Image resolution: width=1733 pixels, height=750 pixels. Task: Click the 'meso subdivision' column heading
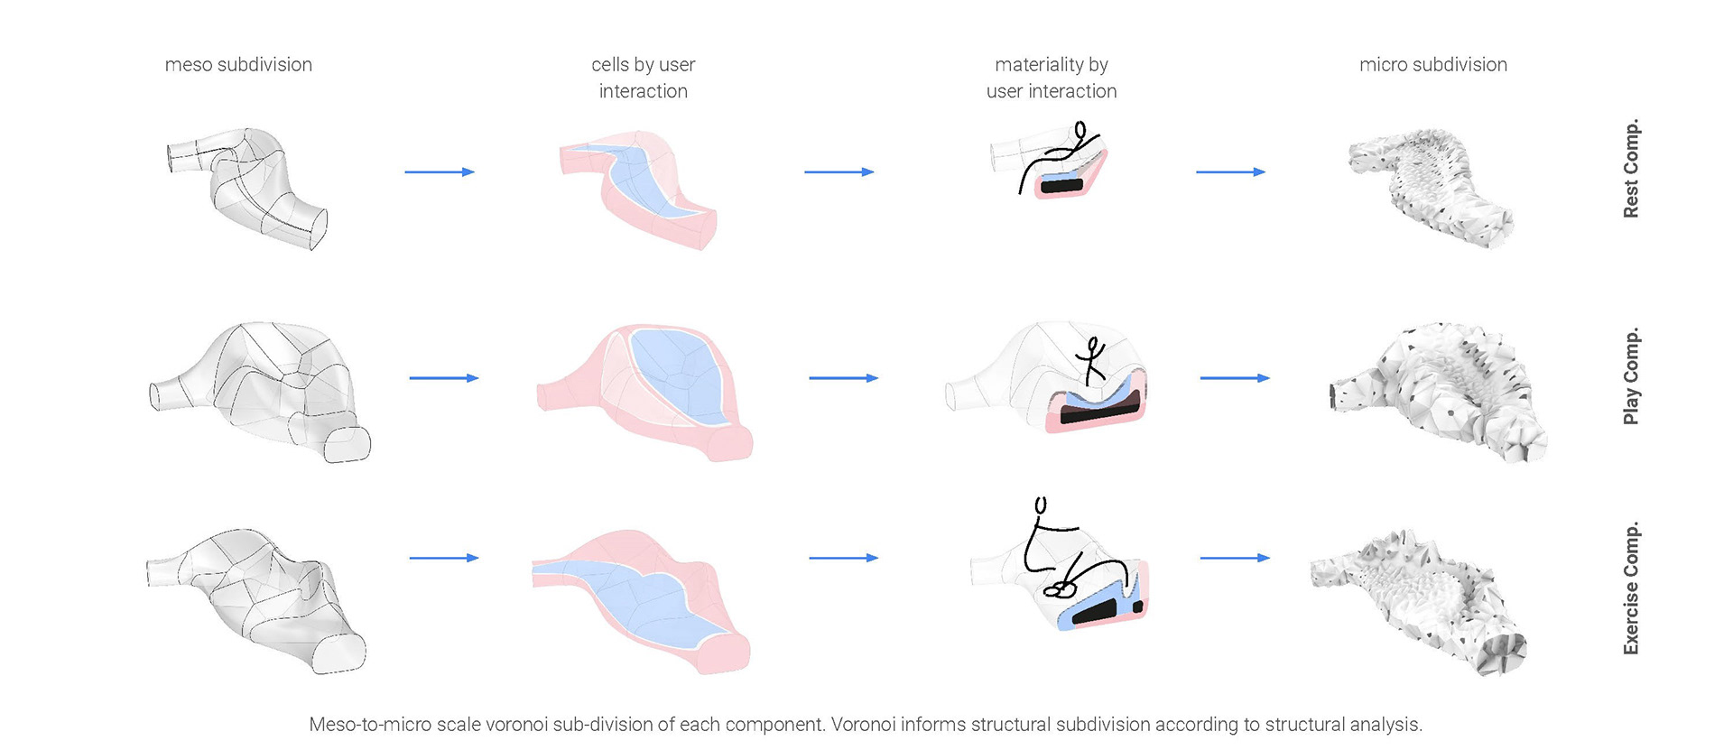238,65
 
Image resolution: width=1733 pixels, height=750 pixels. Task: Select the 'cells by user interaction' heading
643,78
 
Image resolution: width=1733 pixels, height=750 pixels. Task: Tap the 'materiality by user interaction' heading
1052,78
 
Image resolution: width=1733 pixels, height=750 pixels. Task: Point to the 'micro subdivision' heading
1433,65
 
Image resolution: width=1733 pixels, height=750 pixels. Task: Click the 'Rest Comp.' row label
1631,169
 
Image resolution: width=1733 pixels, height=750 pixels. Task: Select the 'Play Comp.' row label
1631,375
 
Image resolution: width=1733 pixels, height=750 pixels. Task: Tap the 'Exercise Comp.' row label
1631,588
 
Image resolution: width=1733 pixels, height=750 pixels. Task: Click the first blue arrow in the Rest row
440,171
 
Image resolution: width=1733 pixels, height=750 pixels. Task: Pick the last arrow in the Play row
1235,378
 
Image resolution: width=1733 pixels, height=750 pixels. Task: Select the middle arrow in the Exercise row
843,558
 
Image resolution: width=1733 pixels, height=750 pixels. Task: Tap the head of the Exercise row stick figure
1041,505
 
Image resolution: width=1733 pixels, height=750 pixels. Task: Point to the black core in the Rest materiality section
1062,186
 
